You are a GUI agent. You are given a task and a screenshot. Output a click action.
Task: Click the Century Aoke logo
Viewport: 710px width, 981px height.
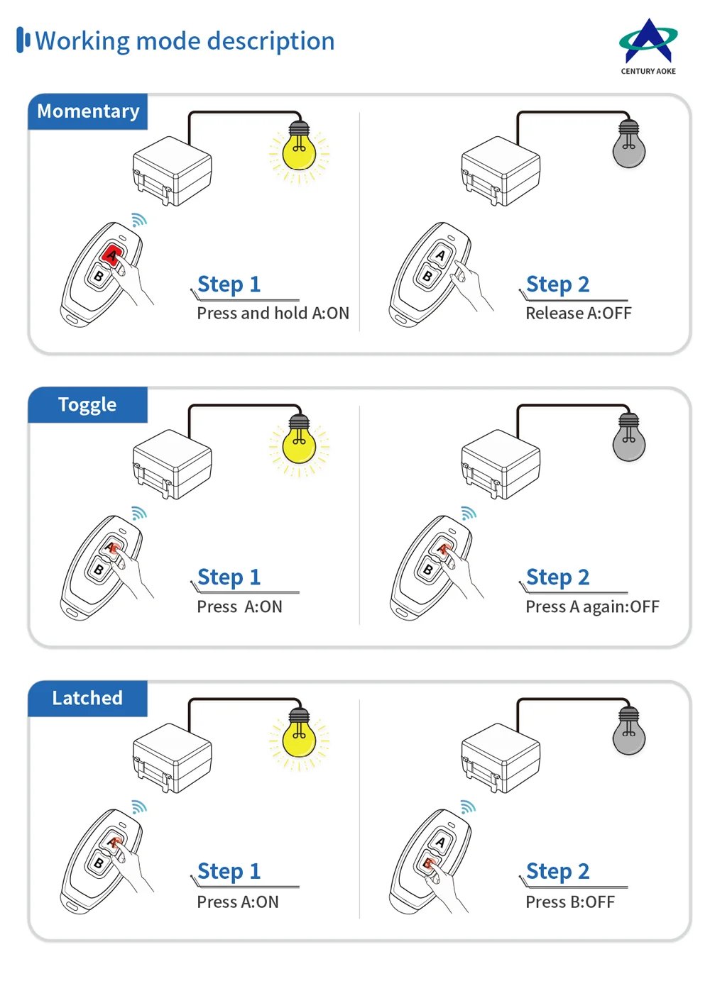[x=648, y=45]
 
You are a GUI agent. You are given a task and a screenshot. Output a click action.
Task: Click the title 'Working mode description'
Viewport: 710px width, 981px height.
[x=185, y=41]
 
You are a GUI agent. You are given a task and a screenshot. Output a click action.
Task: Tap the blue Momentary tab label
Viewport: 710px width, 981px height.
[x=88, y=111]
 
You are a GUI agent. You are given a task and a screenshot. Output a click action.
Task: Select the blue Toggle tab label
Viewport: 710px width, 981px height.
[x=87, y=404]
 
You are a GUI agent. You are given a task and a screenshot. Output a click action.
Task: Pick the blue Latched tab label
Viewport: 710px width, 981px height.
[x=87, y=698]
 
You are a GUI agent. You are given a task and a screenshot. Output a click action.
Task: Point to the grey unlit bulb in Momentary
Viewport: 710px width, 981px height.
[x=628, y=148]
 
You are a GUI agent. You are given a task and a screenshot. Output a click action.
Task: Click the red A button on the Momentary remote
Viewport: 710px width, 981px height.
[x=111, y=255]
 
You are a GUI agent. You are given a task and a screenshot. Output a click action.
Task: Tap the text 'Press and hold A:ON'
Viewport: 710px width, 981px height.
[x=273, y=314]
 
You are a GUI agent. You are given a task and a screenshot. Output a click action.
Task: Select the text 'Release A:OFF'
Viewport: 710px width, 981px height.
[x=578, y=314]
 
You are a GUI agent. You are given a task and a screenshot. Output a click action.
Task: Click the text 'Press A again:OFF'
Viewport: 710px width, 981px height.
[x=592, y=607]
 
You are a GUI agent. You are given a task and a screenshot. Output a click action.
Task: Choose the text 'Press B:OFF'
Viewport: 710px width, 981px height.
[x=569, y=902]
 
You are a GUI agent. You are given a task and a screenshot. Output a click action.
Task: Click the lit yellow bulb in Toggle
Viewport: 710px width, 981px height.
[x=299, y=444]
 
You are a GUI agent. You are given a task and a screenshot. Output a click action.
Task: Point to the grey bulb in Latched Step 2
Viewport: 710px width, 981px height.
[x=628, y=735]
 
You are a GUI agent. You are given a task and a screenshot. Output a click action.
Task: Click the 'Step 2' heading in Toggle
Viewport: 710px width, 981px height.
[x=557, y=577]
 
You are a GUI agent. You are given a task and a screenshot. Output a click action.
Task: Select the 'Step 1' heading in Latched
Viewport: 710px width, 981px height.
[x=229, y=871]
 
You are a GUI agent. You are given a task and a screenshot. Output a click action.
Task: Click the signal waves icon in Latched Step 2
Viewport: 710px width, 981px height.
[x=468, y=807]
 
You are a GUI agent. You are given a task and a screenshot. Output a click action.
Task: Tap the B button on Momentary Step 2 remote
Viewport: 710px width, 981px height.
[x=427, y=276]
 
